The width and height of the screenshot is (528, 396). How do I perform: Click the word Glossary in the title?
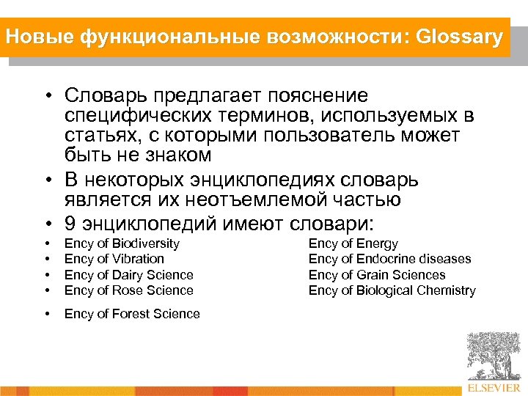[x=459, y=37]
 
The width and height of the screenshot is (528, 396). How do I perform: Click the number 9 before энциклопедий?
[x=70, y=222]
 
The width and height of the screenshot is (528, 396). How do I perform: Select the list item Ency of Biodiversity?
[x=122, y=243]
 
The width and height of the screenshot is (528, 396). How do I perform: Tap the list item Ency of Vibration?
[x=114, y=259]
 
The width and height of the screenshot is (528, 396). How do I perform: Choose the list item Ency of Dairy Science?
[x=129, y=275]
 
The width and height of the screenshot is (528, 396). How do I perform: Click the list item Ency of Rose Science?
[x=129, y=290]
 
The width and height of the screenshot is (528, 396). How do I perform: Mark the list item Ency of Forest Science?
[x=132, y=314]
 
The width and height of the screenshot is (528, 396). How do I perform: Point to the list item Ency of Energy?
[x=353, y=243]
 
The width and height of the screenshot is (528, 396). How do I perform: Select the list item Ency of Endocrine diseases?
[x=390, y=259]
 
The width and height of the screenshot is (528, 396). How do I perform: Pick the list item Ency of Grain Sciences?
[x=377, y=275]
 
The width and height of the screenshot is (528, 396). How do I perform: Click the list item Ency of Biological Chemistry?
[x=392, y=290]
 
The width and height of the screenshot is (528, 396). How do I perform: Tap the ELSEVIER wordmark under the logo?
[x=493, y=386]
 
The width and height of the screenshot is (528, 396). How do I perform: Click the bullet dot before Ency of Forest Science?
[x=47, y=314]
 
